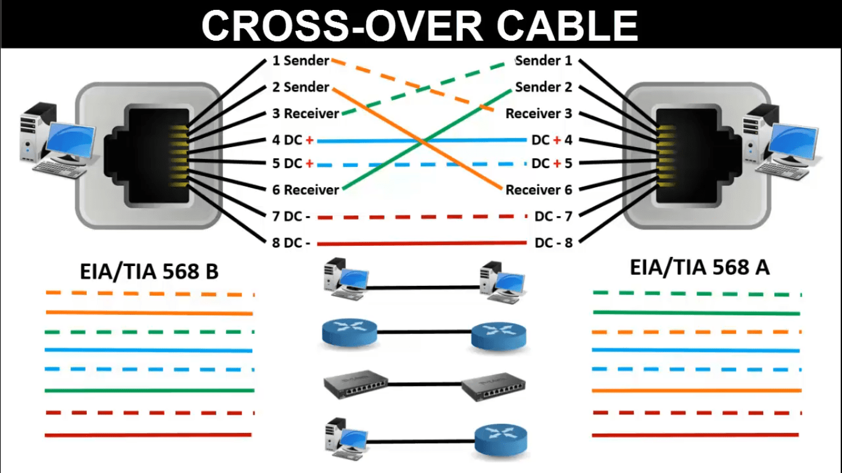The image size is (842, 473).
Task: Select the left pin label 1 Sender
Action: pos(301,61)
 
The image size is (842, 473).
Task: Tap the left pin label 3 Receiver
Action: pos(305,113)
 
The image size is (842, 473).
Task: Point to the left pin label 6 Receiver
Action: pos(305,190)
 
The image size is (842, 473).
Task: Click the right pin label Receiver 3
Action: pos(539,113)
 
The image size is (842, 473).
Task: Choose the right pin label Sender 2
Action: pos(544,87)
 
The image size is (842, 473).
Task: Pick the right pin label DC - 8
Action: pos(554,243)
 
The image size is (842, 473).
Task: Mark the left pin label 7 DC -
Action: pos(291,217)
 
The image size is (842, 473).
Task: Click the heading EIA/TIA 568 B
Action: pos(149,271)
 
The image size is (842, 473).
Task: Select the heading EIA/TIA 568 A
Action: pos(700,267)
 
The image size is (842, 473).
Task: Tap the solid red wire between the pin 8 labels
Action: pos(422,243)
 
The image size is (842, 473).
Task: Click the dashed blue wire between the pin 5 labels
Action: pos(422,164)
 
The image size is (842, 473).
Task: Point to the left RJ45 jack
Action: pos(148,156)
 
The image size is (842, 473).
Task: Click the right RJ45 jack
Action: pos(695,156)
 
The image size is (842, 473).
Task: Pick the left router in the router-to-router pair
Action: pos(349,333)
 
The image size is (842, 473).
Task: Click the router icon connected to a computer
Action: pos(501,439)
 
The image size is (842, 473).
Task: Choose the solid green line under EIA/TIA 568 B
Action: pos(149,390)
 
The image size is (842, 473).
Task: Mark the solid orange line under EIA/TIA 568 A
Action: pos(697,390)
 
